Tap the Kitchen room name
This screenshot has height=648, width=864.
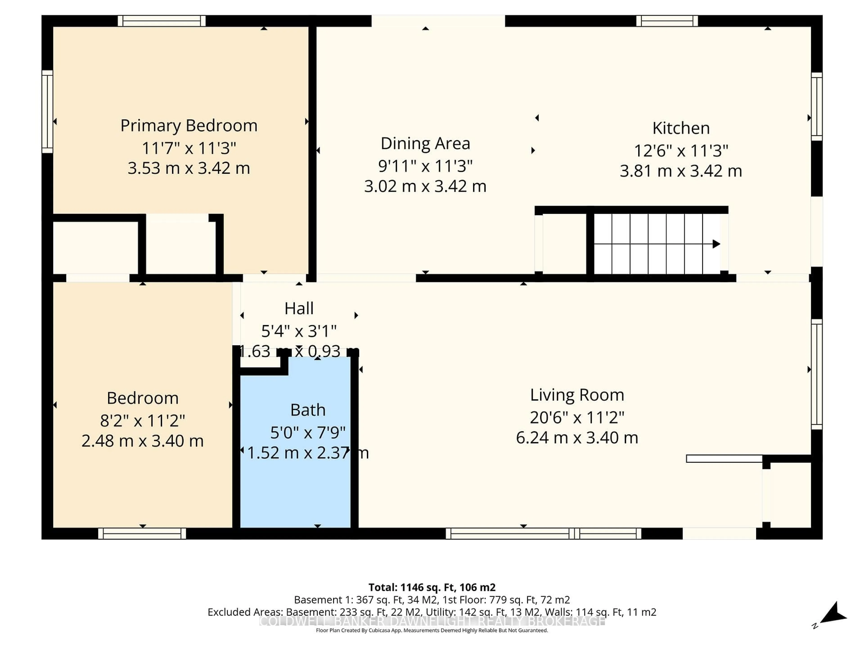tap(681, 128)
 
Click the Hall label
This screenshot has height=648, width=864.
tap(299, 308)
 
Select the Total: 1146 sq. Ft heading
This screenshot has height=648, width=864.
tap(432, 587)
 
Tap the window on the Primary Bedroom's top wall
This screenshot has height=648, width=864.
tap(162, 21)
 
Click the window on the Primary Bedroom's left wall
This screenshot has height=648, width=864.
tap(47, 112)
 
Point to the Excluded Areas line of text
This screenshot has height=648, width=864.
tap(432, 612)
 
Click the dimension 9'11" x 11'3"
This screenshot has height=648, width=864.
tap(425, 166)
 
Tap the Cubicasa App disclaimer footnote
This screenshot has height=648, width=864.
tap(432, 630)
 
